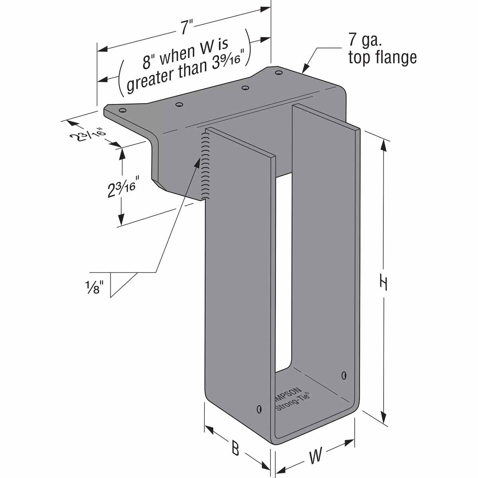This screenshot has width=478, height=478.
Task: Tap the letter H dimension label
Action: pyautogui.click(x=383, y=283)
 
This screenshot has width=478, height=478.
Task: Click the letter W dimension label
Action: pyautogui.click(x=315, y=456)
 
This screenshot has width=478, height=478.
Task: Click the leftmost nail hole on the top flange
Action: pyautogui.click(x=123, y=110)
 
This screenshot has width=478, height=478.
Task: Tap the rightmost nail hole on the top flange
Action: pyautogui.click(x=278, y=72)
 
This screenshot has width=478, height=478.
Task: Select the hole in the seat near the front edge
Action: pyautogui.click(x=259, y=409)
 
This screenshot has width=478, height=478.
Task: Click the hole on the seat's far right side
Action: pyautogui.click(x=344, y=375)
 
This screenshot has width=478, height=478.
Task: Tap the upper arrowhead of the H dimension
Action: pyautogui.click(x=384, y=145)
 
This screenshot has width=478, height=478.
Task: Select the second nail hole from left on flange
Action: pyautogui.click(x=179, y=104)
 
